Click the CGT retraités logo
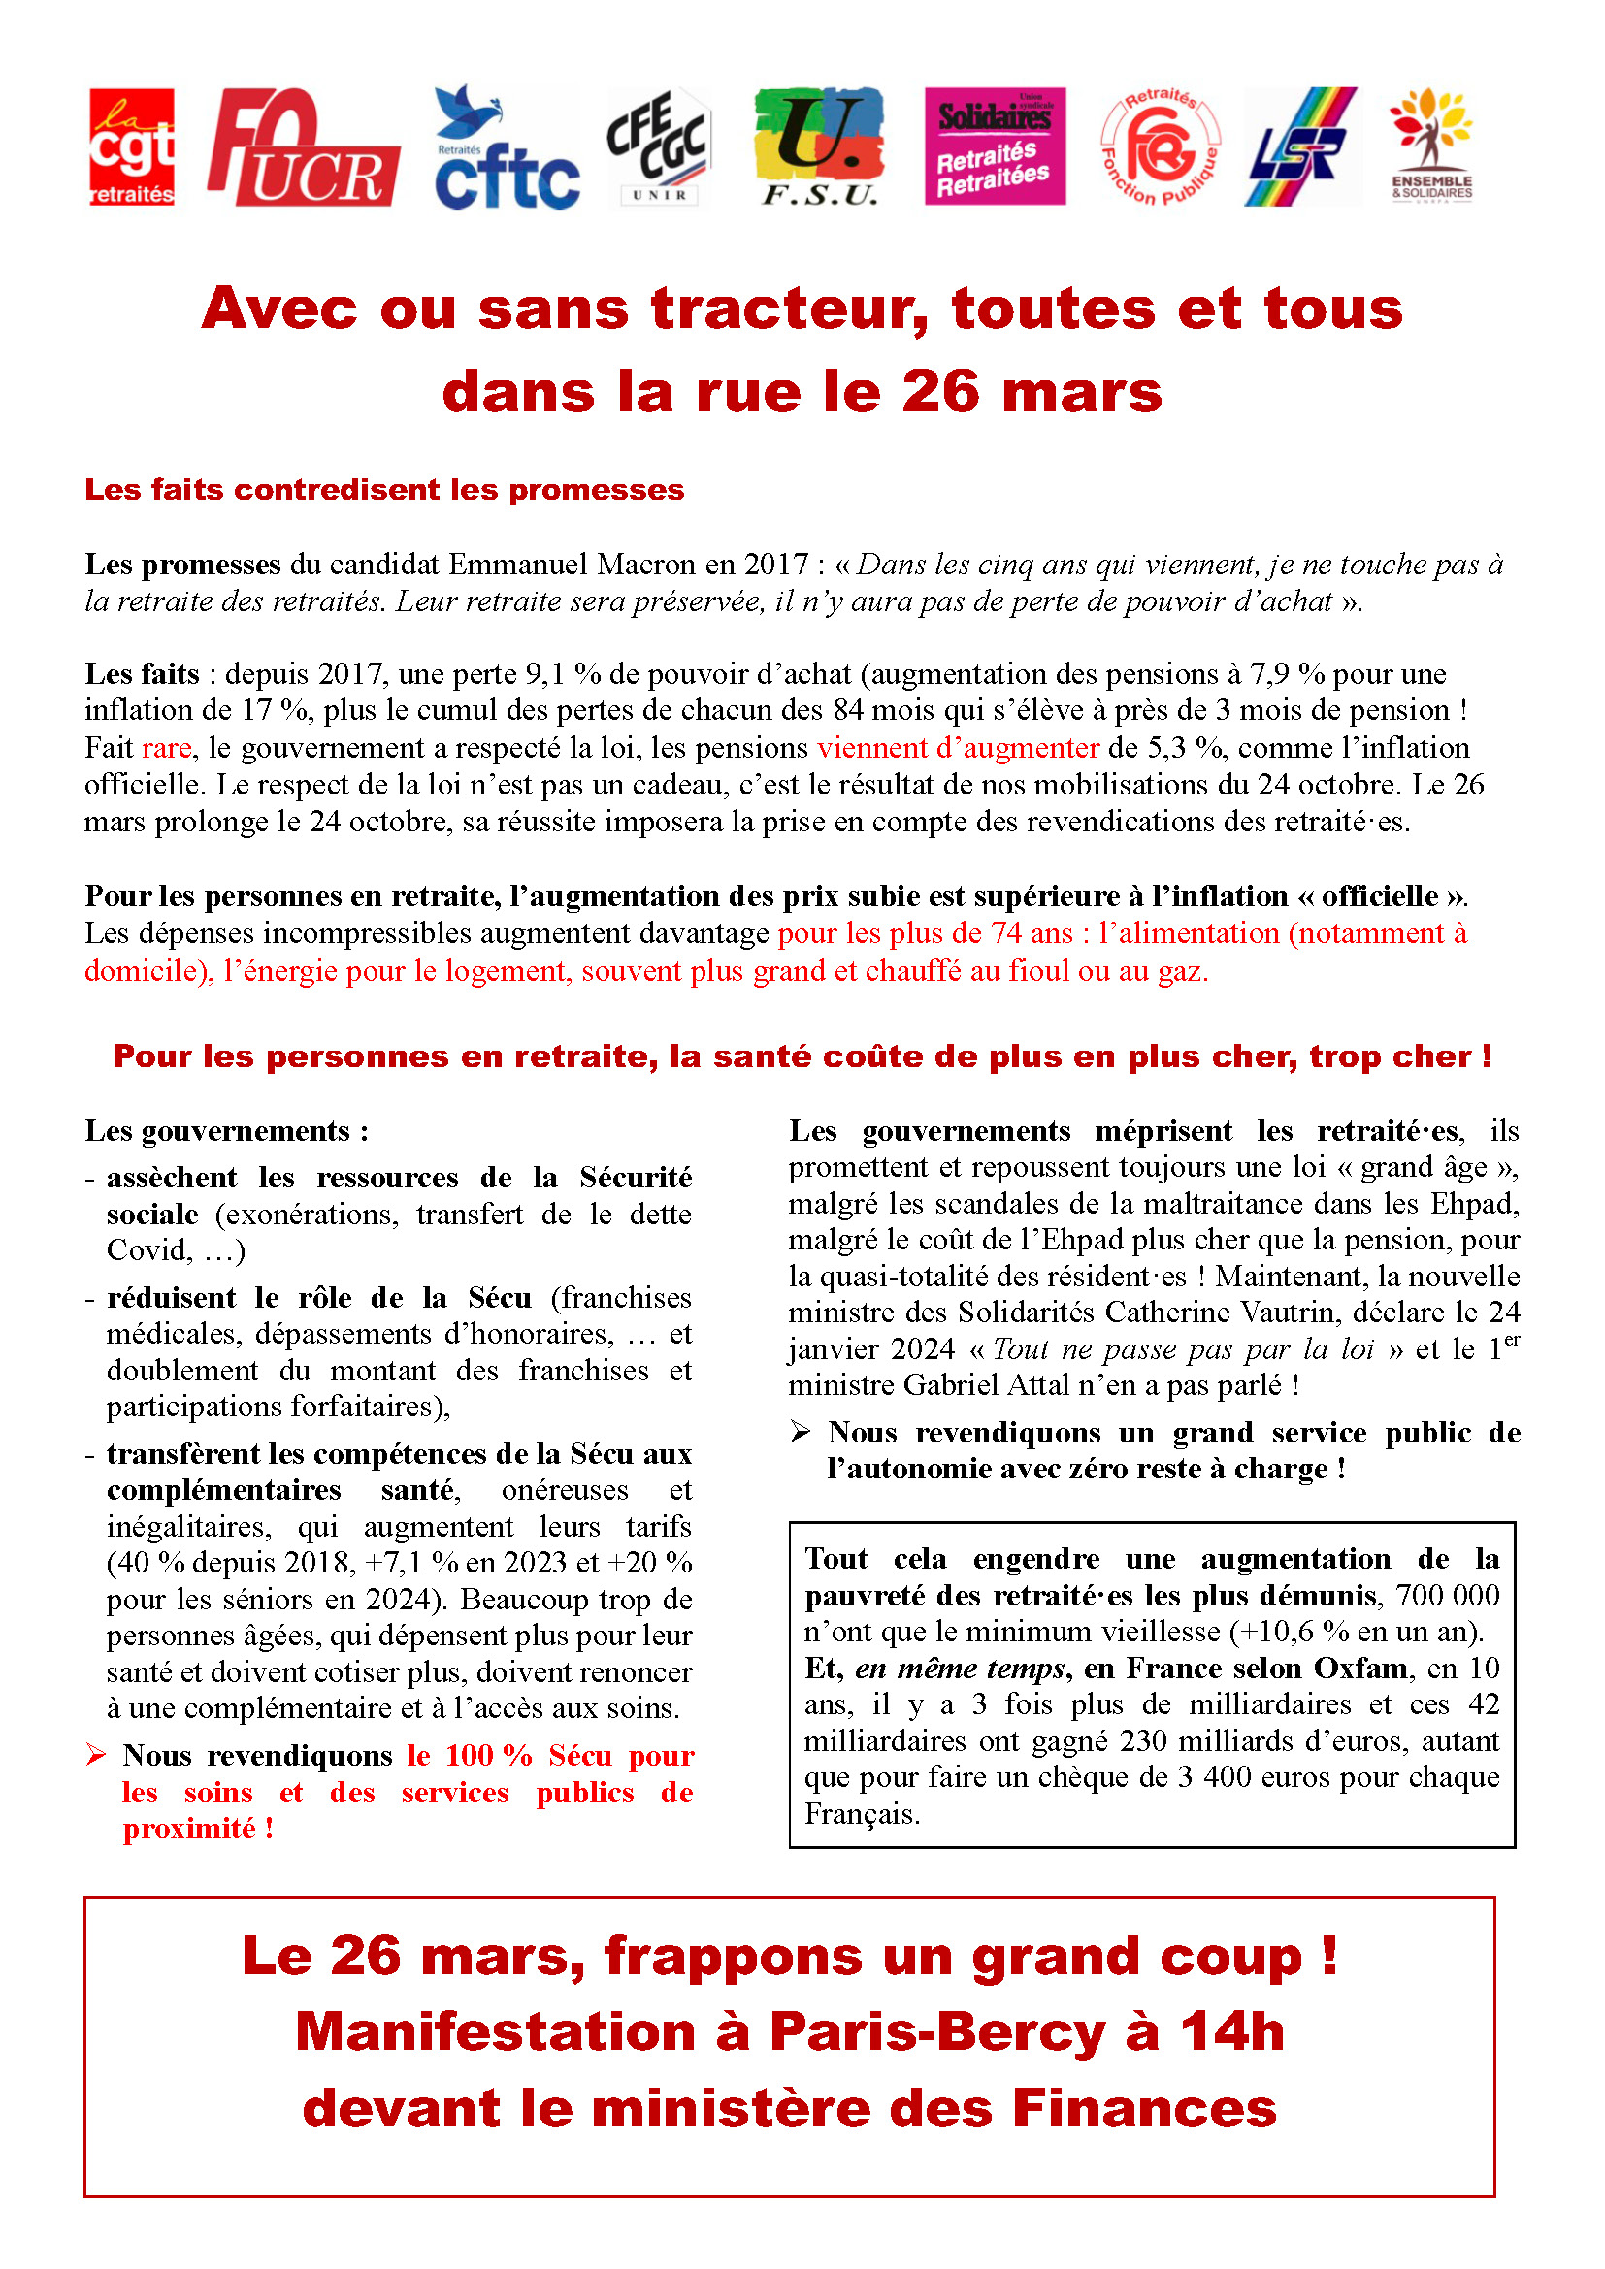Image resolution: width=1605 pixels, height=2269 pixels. [x=131, y=147]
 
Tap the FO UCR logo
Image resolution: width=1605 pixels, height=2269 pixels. [x=303, y=147]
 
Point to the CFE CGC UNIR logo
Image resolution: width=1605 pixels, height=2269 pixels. [x=659, y=147]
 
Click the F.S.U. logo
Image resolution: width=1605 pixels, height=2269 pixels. [x=818, y=147]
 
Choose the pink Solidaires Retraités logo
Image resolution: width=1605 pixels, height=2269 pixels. [x=995, y=146]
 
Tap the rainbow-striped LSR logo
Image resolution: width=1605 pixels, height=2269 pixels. [x=1299, y=147]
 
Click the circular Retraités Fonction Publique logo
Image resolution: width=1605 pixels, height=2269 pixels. [x=1161, y=147]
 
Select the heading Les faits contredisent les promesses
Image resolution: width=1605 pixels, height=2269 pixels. [x=383, y=490]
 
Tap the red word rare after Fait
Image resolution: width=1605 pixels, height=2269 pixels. [x=166, y=748]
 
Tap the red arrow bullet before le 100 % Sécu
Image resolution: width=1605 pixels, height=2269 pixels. [x=96, y=1755]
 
